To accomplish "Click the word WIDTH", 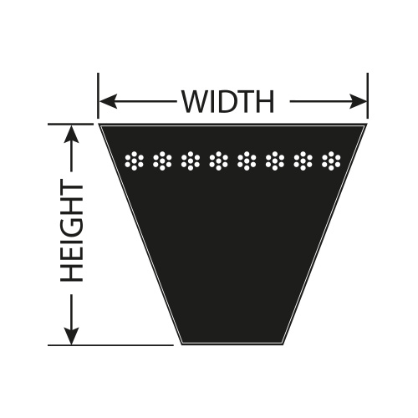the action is tap(228, 101).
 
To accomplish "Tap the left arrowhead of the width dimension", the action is tap(108, 101).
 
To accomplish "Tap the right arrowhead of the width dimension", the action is tap(358, 101).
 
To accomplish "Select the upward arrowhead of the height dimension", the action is tap(72, 135).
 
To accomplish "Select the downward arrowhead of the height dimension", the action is tap(72, 335).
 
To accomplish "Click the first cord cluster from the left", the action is tap(134, 161).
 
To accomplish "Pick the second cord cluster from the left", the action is tap(162, 161).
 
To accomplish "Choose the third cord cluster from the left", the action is tap(191, 161).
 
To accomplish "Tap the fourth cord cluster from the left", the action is tap(218, 161).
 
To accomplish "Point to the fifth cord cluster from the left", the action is tap(247, 161).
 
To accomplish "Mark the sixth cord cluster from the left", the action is tap(275, 161).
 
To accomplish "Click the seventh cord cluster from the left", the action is tap(303, 161).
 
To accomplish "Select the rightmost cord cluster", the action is tap(331, 161).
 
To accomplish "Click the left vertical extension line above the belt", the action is tap(98, 96).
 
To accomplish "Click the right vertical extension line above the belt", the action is tap(368, 96).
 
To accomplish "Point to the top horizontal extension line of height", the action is tap(70, 124).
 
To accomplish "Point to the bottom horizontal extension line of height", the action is tap(110, 345).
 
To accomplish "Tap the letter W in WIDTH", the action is tap(195, 102).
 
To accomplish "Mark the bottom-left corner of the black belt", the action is tap(181, 344).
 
